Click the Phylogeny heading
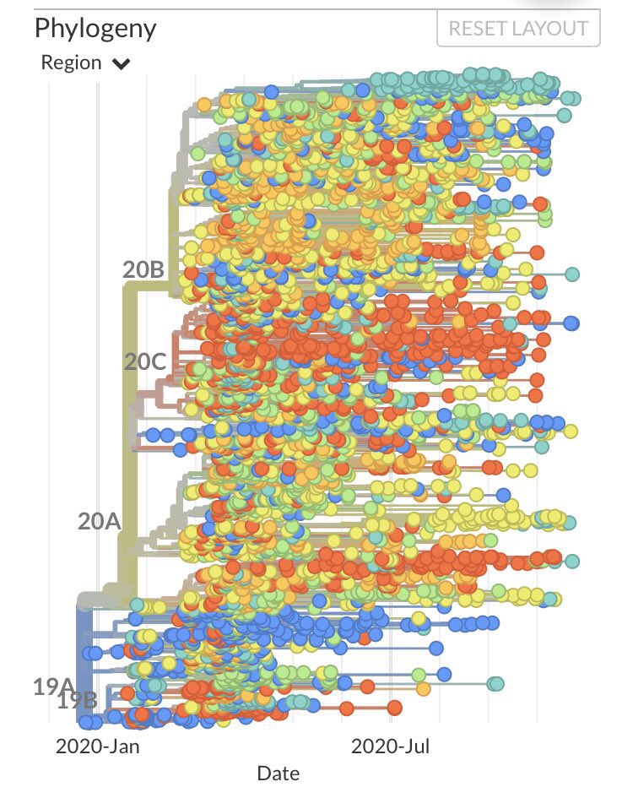(95, 28)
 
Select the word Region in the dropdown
(71, 63)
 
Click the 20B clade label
(143, 270)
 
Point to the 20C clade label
(145, 361)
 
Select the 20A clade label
(100, 521)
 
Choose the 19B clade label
(77, 700)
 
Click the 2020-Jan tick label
(98, 746)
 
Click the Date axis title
(279, 773)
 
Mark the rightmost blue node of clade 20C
(571, 323)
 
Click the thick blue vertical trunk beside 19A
(84, 659)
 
